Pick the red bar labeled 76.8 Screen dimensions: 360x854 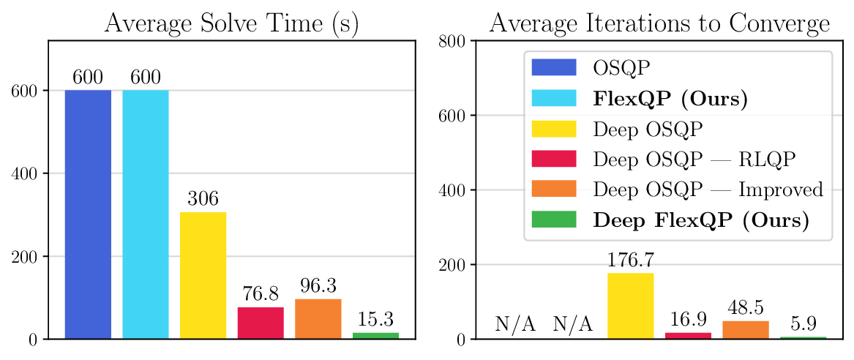261,323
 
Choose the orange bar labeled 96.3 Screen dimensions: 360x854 318,319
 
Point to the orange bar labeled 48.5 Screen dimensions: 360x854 746,330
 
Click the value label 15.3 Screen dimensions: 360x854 375,320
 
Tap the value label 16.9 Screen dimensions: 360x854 688,320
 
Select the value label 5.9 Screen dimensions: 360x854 804,323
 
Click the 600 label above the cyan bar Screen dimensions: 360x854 146,78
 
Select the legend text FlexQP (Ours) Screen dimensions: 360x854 670,98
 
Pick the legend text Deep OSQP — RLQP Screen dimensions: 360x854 694,159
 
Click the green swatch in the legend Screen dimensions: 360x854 554,220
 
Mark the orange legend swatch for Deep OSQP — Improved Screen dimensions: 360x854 554,189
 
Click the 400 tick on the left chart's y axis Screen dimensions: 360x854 25,173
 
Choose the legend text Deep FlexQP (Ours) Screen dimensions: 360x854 701,220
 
